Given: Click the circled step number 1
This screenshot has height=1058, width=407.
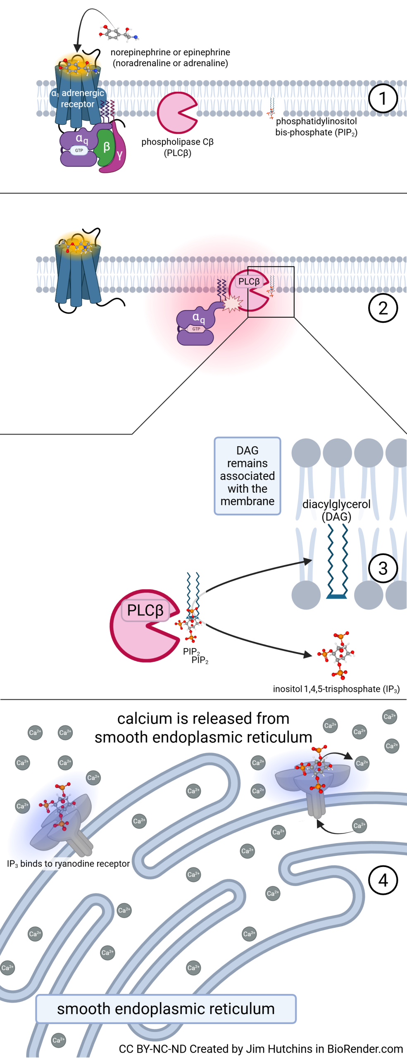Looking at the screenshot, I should [x=383, y=98].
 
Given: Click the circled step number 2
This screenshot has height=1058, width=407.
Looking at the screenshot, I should [x=383, y=308].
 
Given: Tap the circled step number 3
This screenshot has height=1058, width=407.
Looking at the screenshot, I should [x=383, y=568].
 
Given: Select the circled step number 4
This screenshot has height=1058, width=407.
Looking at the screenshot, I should [x=383, y=880].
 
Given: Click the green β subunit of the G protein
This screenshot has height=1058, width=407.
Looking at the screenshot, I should [x=106, y=147].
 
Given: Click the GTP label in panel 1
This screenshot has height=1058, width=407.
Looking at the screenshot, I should [x=79, y=150].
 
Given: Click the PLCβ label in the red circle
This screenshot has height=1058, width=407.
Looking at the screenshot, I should [x=249, y=281].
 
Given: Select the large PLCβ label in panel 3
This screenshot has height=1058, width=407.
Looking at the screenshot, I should [x=145, y=610].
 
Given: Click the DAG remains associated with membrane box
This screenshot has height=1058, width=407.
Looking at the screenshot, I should [x=247, y=476].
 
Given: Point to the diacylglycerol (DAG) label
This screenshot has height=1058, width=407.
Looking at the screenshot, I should [x=336, y=510].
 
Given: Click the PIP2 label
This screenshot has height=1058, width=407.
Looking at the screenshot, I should [x=191, y=652].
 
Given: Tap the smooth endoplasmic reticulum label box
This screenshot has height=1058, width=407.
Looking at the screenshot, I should [x=166, y=1009].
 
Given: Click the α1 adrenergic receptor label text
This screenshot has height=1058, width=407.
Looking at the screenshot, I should [x=78, y=98].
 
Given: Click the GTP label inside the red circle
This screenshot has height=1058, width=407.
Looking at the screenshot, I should [x=196, y=329].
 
